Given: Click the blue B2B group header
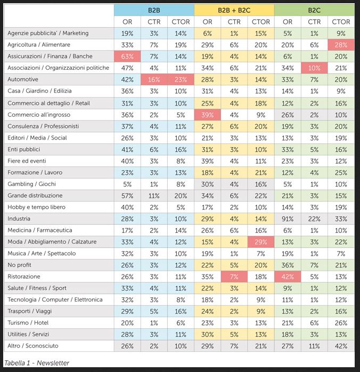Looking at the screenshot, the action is (154, 10).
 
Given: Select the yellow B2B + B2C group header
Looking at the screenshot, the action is (234, 10).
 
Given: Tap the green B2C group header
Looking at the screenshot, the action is (314, 10).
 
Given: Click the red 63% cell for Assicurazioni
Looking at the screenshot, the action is (127, 56).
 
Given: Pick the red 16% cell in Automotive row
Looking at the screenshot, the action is (154, 79).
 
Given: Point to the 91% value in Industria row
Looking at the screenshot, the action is (288, 219).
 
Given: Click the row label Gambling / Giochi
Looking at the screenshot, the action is (31, 184).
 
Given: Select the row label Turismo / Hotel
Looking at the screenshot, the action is (28, 322).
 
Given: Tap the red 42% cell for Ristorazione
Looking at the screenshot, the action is (288, 277).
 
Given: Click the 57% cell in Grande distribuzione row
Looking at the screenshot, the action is (127, 196).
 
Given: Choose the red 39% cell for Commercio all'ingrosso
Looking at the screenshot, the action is (207, 115).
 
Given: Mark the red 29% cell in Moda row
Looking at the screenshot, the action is (261, 242).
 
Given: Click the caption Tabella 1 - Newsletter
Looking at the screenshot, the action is (37, 363).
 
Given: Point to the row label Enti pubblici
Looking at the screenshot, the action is (24, 149).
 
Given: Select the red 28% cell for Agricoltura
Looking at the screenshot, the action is (341, 45).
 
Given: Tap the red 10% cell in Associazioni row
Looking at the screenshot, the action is (314, 68).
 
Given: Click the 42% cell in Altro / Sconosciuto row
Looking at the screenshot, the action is (341, 346).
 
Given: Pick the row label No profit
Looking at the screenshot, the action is (19, 265).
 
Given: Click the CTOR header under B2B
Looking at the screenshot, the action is (181, 22).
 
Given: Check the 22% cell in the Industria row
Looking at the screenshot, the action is (314, 219).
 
